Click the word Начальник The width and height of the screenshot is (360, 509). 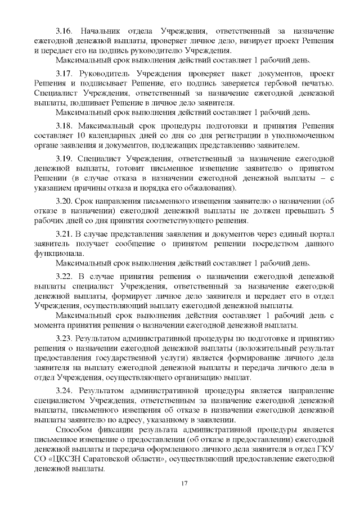[x=104, y=29]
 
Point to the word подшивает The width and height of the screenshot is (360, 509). [x=103, y=103]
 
